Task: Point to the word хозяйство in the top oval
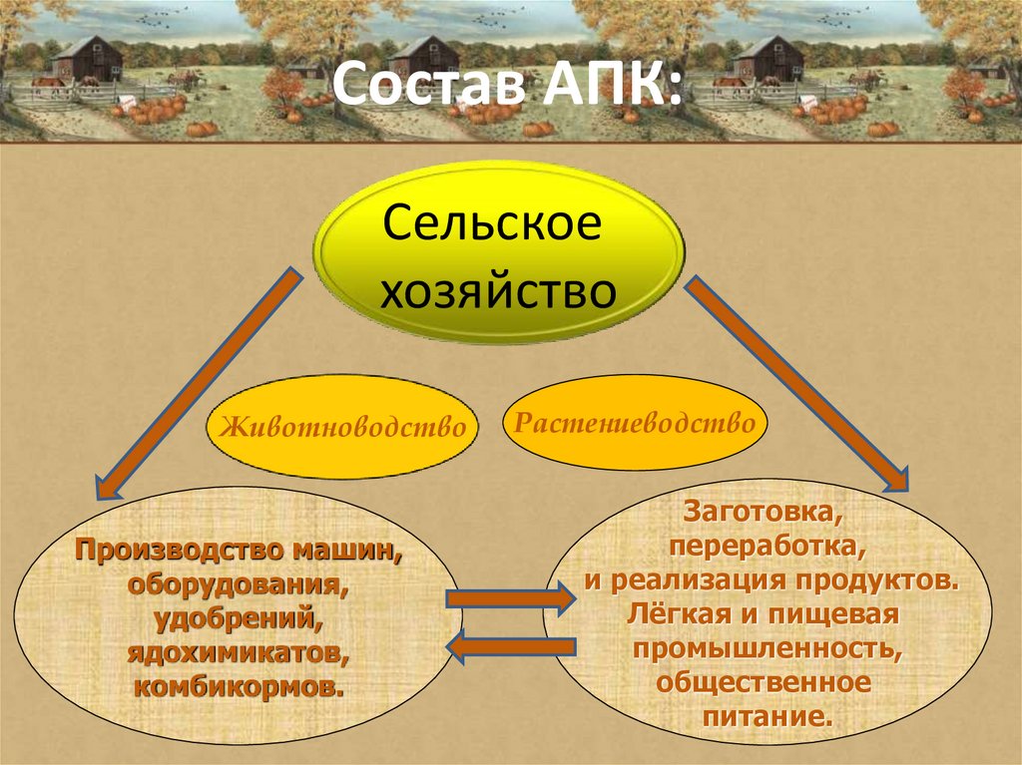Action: pyautogui.click(x=497, y=290)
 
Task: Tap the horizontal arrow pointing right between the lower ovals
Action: pyautogui.click(x=509, y=598)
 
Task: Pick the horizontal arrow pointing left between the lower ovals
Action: pyautogui.click(x=509, y=648)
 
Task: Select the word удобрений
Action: pyautogui.click(x=238, y=618)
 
